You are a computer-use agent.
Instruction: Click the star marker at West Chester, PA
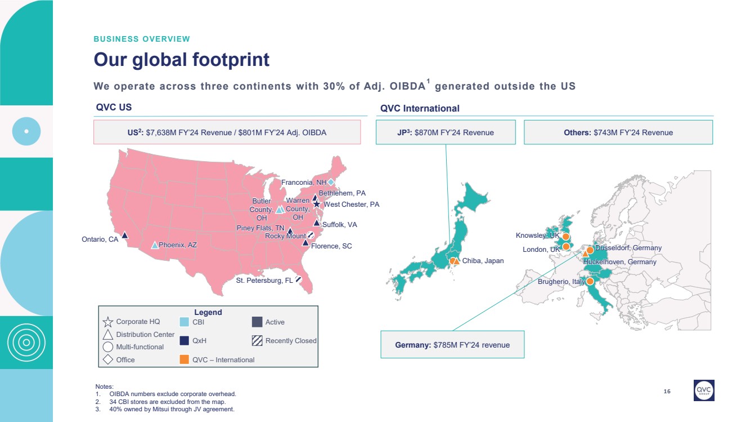pyautogui.click(x=317, y=204)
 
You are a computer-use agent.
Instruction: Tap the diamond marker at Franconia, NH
pyautogui.click(x=331, y=182)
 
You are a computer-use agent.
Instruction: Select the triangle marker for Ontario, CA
pyautogui.click(x=125, y=236)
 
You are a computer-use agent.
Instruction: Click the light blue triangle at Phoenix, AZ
pyautogui.click(x=155, y=245)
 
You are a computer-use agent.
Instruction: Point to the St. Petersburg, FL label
pyautogui.click(x=264, y=280)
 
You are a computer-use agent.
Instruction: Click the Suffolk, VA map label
pyautogui.click(x=339, y=225)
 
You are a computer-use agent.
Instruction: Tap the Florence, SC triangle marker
pyautogui.click(x=306, y=243)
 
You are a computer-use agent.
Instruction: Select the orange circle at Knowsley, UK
pyautogui.click(x=566, y=236)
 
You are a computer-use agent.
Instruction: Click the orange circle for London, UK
pyautogui.click(x=566, y=247)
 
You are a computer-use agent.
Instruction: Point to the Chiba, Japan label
pyautogui.click(x=483, y=260)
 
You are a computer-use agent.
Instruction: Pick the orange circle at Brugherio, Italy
pyautogui.click(x=590, y=281)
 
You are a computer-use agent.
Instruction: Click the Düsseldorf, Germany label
pyautogui.click(x=628, y=248)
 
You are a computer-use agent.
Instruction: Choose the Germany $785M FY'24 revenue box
pyautogui.click(x=452, y=345)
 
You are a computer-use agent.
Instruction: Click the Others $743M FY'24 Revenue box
pyautogui.click(x=618, y=132)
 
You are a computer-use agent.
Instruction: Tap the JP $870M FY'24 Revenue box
pyautogui.click(x=446, y=132)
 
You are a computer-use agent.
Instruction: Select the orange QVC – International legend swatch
pyautogui.click(x=184, y=359)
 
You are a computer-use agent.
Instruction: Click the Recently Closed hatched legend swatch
pyautogui.click(x=257, y=340)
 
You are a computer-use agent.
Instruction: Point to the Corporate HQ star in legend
pyautogui.click(x=108, y=322)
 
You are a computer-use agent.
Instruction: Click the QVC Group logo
pyautogui.click(x=704, y=390)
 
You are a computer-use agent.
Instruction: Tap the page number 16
pyautogui.click(x=667, y=391)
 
